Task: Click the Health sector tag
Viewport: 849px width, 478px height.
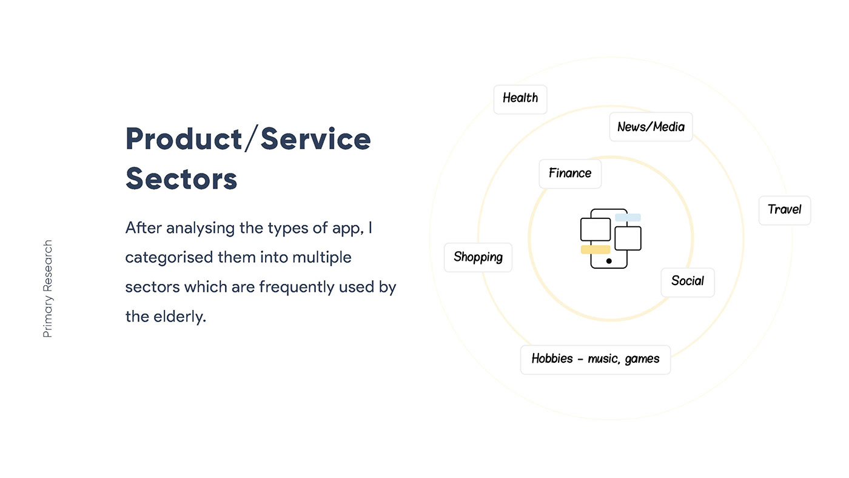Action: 520,99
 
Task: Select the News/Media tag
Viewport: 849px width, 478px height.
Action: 651,127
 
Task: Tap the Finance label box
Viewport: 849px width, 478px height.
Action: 570,173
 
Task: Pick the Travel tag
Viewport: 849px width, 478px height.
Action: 785,210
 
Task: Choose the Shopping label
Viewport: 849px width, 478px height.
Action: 478,257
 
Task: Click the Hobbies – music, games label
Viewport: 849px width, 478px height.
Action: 595,360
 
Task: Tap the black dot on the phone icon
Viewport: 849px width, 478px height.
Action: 609,261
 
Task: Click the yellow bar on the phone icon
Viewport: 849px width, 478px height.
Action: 596,249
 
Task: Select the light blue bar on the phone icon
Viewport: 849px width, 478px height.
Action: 628,217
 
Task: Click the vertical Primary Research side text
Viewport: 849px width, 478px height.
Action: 48,289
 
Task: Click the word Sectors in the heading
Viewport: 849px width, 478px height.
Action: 181,178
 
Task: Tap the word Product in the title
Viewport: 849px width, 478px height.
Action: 184,138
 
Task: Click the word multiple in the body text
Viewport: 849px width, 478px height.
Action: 322,257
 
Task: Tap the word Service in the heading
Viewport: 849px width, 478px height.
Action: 316,138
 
